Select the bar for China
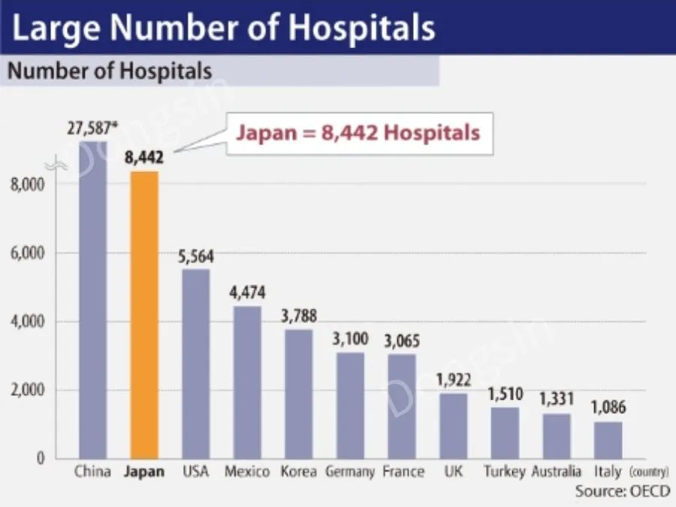[x=93, y=300]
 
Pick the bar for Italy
[x=608, y=439]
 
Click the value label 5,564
[x=196, y=257]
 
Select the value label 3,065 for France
[x=401, y=342]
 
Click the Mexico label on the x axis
[x=247, y=472]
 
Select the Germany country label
[x=350, y=472]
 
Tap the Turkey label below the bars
[x=504, y=472]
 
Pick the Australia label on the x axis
[x=556, y=472]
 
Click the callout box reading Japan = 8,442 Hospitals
[x=358, y=134]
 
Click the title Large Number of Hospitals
[x=224, y=27]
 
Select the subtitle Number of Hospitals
[x=110, y=71]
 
